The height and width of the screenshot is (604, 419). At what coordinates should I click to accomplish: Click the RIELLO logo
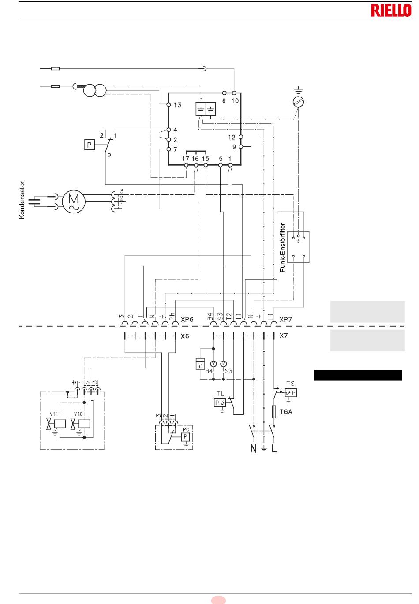[391, 11]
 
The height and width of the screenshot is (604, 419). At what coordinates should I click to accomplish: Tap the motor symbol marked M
[74, 201]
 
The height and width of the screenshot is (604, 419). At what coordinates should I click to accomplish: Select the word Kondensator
[22, 200]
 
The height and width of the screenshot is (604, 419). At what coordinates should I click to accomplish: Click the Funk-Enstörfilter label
[282, 247]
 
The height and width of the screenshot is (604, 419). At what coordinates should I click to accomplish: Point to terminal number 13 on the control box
[177, 105]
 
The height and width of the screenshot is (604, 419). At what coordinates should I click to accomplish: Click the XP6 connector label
[187, 320]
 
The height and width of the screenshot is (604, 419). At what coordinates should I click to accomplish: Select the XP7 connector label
[285, 320]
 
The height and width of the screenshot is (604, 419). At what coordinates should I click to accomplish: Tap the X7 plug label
[284, 336]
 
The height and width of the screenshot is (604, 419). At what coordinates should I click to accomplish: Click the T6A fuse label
[286, 412]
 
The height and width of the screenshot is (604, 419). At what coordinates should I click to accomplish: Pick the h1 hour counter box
[200, 364]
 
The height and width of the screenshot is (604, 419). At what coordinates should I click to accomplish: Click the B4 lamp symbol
[213, 364]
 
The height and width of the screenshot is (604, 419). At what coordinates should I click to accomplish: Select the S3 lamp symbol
[224, 364]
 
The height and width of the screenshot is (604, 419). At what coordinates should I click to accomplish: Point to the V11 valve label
[54, 414]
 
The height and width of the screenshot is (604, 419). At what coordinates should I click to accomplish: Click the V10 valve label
[78, 414]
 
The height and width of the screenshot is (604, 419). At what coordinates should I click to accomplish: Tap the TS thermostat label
[291, 384]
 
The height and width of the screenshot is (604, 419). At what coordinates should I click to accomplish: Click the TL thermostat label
[220, 394]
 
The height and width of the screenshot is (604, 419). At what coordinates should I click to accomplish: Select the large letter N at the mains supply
[253, 448]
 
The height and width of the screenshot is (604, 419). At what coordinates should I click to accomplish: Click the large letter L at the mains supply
[274, 448]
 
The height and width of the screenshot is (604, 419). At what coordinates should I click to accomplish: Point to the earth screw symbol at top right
[299, 102]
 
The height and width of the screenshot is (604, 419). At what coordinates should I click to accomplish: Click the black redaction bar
[358, 375]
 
